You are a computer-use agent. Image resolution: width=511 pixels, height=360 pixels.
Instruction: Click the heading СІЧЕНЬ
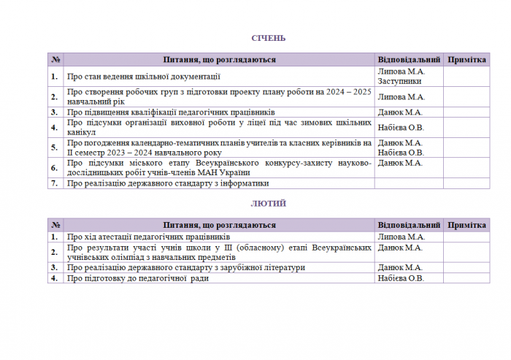tap(269, 38)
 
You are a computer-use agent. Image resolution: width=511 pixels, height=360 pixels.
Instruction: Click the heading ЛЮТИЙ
tap(269, 204)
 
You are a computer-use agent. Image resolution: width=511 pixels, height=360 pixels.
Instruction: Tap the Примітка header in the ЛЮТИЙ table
tap(466, 226)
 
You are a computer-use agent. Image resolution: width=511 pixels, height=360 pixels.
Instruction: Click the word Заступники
tap(400, 81)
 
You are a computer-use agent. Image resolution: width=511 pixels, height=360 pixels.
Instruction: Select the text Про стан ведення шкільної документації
tap(143, 76)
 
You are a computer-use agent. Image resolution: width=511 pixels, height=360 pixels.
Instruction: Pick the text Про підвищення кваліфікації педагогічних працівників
tap(171, 112)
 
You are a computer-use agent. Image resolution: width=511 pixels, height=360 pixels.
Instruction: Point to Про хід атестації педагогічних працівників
tap(148, 237)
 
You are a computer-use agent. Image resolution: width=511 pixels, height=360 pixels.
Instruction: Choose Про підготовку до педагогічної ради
tap(138, 278)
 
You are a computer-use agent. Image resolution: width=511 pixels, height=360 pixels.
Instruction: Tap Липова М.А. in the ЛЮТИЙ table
tap(401, 237)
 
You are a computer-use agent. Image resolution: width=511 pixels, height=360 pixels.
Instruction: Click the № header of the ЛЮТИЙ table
tap(55, 226)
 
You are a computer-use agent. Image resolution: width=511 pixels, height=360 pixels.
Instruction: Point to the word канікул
tap(80, 133)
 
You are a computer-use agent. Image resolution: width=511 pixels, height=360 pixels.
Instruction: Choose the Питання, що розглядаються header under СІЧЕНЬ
tap(219, 60)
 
